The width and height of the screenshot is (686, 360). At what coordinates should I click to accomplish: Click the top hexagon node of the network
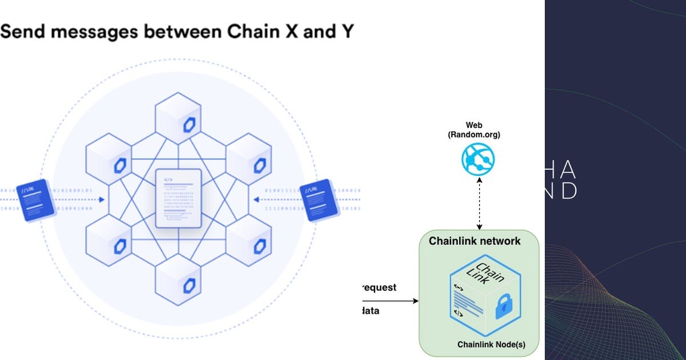178,121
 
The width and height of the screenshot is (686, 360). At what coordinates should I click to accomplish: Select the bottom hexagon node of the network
178,279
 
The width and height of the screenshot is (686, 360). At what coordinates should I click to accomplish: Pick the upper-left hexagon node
109,161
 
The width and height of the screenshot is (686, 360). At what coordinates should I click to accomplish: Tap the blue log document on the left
36,200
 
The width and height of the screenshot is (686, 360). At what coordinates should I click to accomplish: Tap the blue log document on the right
316,200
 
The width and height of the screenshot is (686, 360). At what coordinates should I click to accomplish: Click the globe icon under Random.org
478,158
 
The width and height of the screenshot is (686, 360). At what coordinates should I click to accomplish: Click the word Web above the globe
474,125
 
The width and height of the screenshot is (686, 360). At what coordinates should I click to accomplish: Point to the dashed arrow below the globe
479,203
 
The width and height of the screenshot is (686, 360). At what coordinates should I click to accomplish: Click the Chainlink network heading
474,241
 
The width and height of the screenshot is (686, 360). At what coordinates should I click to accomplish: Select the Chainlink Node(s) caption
491,345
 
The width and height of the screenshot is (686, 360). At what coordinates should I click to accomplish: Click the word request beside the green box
378,287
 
